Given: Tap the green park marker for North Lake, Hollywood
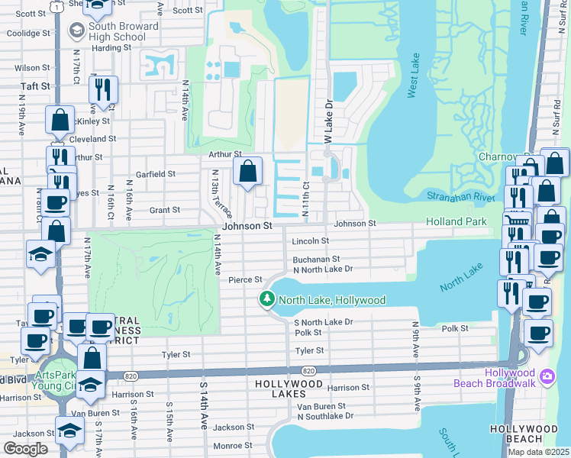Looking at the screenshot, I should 267,299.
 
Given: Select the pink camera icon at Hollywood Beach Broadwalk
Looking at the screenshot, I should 547,376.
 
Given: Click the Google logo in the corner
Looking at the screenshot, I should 25,449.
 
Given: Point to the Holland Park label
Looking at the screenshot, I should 456,222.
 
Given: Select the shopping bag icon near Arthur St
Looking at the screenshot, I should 247,173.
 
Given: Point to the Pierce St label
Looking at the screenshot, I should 246,280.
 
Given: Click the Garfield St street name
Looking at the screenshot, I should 156,174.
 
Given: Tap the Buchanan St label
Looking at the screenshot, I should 315,260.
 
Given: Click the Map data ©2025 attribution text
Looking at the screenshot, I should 538,452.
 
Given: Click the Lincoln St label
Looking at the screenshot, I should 310,241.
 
